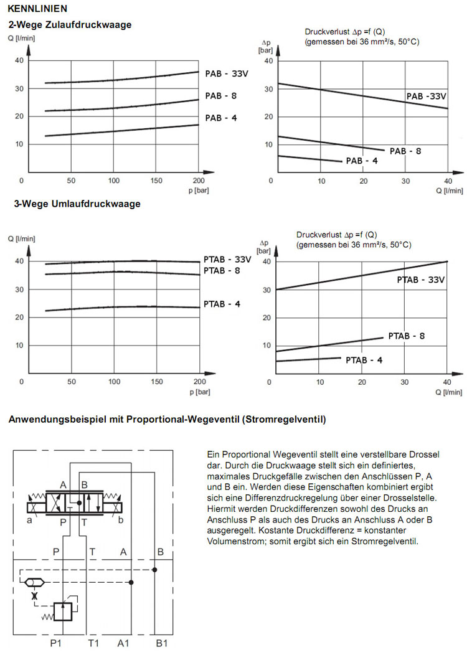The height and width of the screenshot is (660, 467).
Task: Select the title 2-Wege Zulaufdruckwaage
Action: [69, 25]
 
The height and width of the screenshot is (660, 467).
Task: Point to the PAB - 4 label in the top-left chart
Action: [221, 118]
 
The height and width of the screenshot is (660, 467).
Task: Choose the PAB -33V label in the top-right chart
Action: [427, 97]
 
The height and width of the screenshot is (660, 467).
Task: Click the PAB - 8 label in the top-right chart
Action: [405, 151]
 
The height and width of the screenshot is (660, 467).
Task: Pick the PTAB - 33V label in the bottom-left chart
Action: [227, 259]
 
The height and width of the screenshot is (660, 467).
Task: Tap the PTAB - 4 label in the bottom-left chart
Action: [222, 304]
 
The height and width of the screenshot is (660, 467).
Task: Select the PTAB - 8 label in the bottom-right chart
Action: [407, 336]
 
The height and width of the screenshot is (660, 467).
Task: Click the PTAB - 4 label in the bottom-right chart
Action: [364, 360]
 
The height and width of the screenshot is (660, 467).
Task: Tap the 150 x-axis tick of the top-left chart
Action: [156, 181]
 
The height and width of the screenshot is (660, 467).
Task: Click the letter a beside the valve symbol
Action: [29, 521]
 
